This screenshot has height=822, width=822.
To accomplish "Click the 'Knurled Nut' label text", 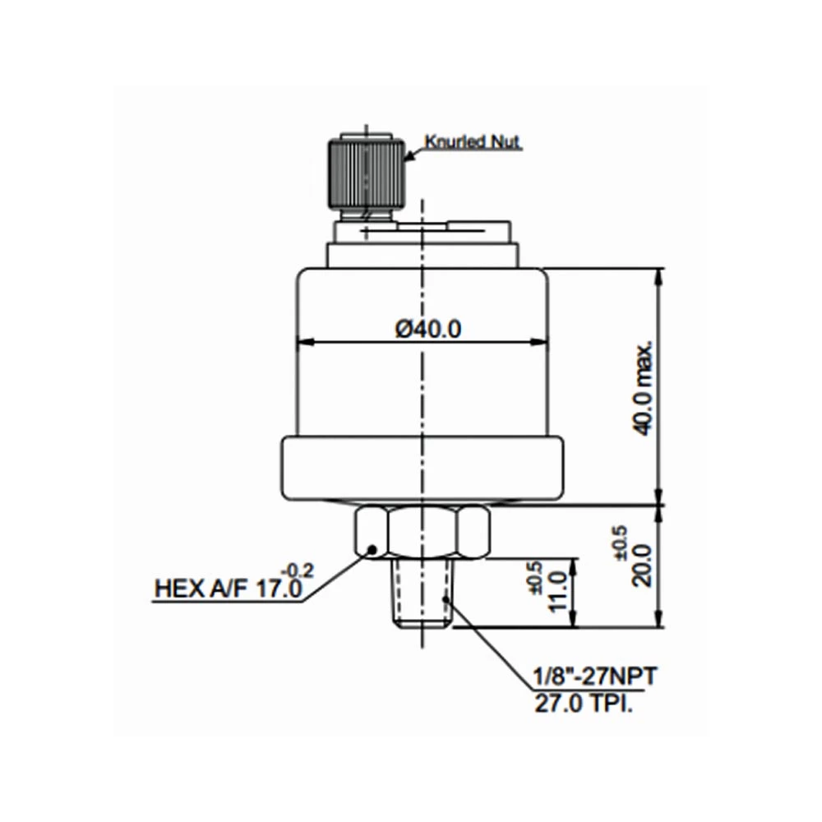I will [x=473, y=143].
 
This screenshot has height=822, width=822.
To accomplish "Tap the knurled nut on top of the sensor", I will [x=365, y=173].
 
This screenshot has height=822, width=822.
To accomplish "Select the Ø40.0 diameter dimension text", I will [x=427, y=328].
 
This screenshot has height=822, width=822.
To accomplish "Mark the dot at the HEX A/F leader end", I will [x=371, y=549].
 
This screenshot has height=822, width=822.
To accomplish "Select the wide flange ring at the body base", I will [x=423, y=468].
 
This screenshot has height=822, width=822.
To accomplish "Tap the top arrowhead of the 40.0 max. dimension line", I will [x=660, y=272].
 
